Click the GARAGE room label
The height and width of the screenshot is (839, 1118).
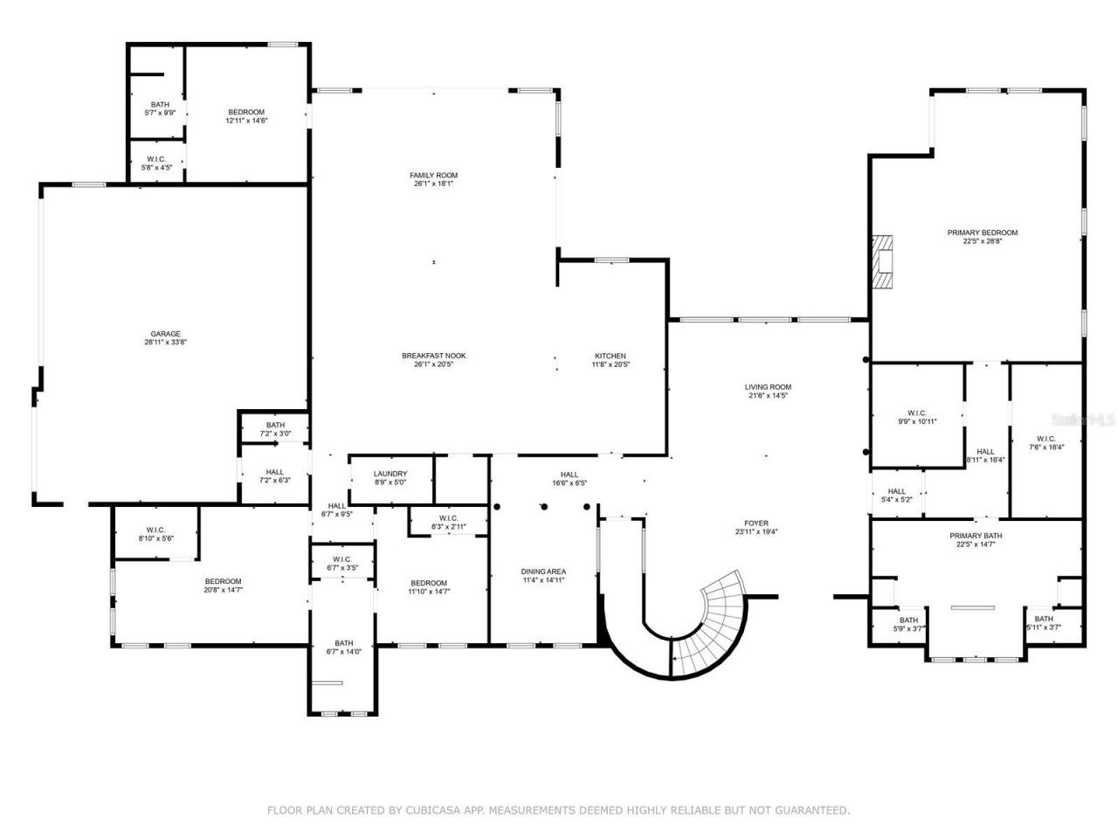tap(166, 334)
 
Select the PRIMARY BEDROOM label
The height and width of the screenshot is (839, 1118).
tap(983, 232)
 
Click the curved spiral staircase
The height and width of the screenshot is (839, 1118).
tap(716, 625)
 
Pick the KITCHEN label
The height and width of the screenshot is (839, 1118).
tap(611, 356)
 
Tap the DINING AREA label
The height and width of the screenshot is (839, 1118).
tap(543, 572)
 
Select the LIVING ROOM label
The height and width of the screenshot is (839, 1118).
tap(768, 387)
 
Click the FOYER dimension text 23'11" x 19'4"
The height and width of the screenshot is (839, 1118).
tap(756, 531)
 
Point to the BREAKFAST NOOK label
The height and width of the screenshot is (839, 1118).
tap(433, 356)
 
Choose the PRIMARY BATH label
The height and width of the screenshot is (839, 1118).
tap(976, 536)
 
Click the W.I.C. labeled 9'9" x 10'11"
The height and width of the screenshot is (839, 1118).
tap(917, 417)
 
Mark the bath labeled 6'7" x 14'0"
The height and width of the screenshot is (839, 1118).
tap(343, 647)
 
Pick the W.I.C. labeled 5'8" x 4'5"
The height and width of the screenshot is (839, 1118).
tap(156, 163)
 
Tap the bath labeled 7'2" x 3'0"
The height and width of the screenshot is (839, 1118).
tap(275, 429)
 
